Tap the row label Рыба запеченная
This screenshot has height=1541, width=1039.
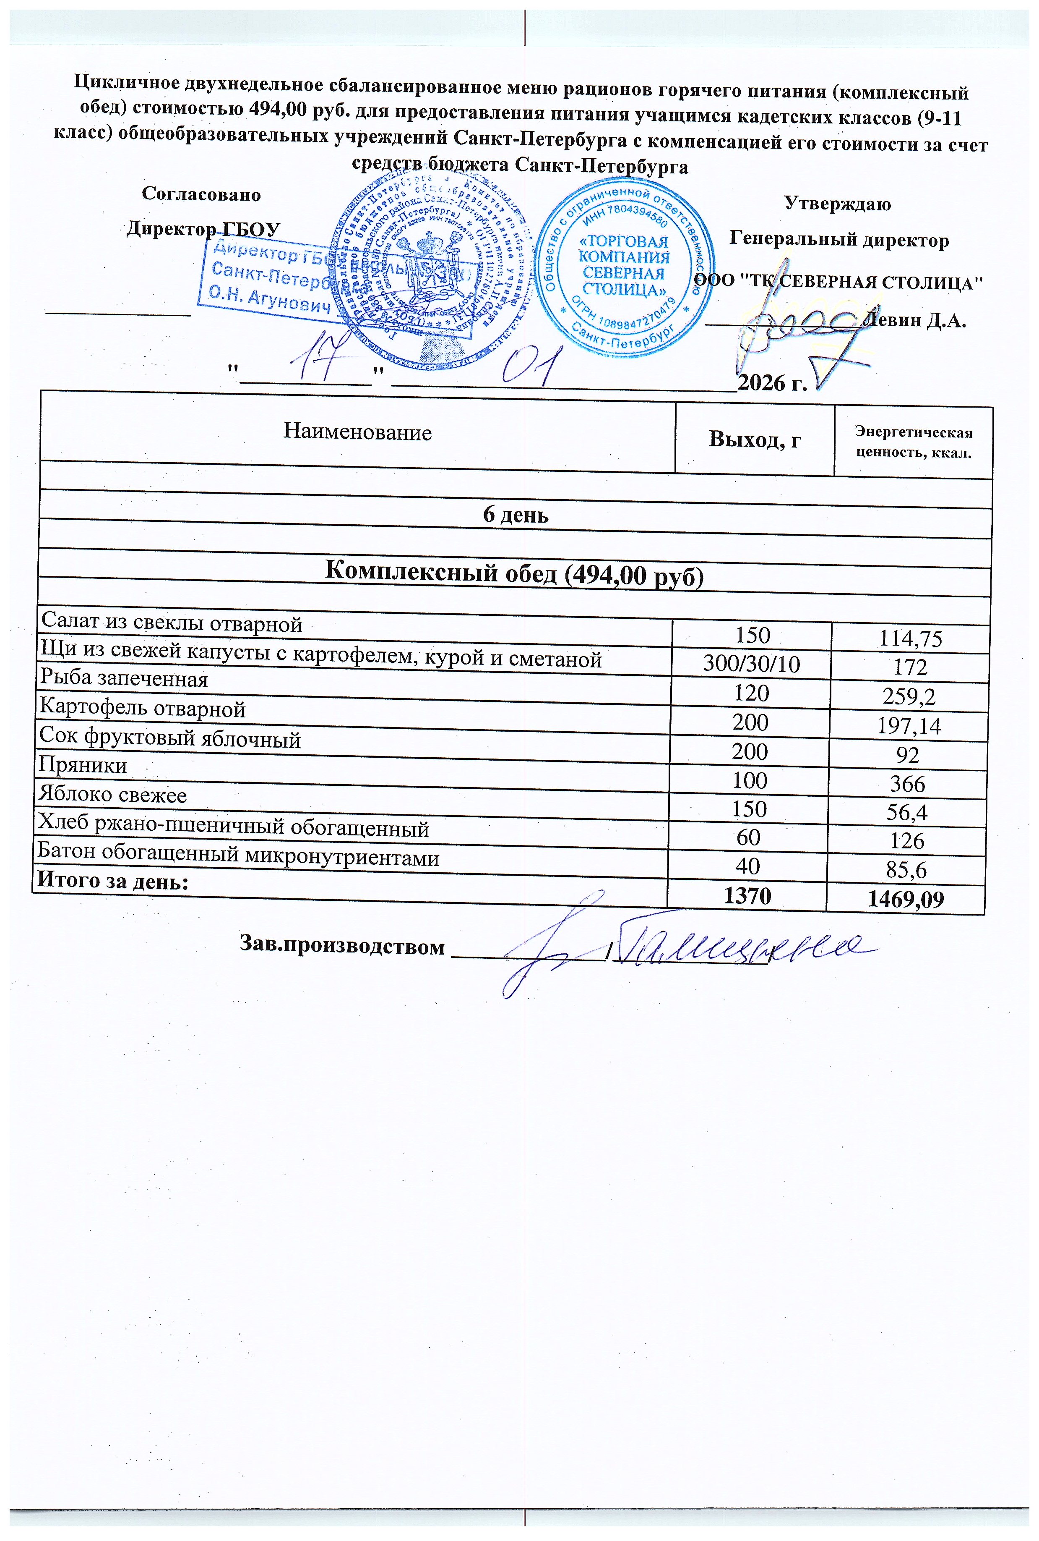point(124,679)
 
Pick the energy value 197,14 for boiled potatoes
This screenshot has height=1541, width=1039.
point(909,727)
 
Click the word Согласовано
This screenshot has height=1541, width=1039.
point(201,194)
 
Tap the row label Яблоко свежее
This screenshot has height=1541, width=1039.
point(113,794)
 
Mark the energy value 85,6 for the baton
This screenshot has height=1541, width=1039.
point(907,869)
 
